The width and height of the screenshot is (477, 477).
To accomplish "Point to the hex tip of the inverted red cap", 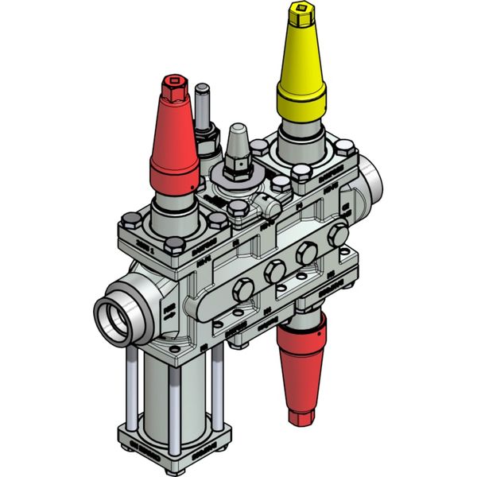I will click(303, 413).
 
